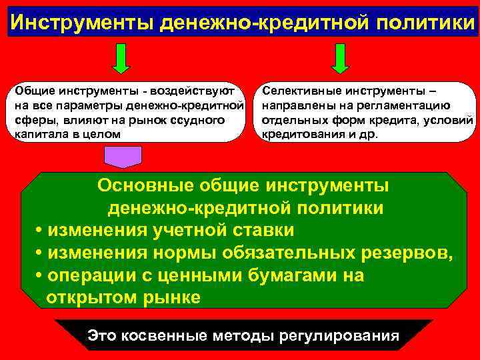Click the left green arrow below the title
click(x=121, y=58)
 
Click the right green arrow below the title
click(x=340, y=58)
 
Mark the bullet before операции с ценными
click(x=39, y=276)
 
